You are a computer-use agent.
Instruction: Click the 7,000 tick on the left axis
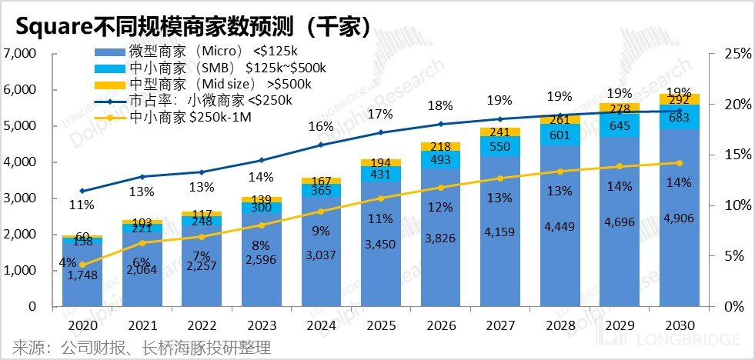click(22, 54)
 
